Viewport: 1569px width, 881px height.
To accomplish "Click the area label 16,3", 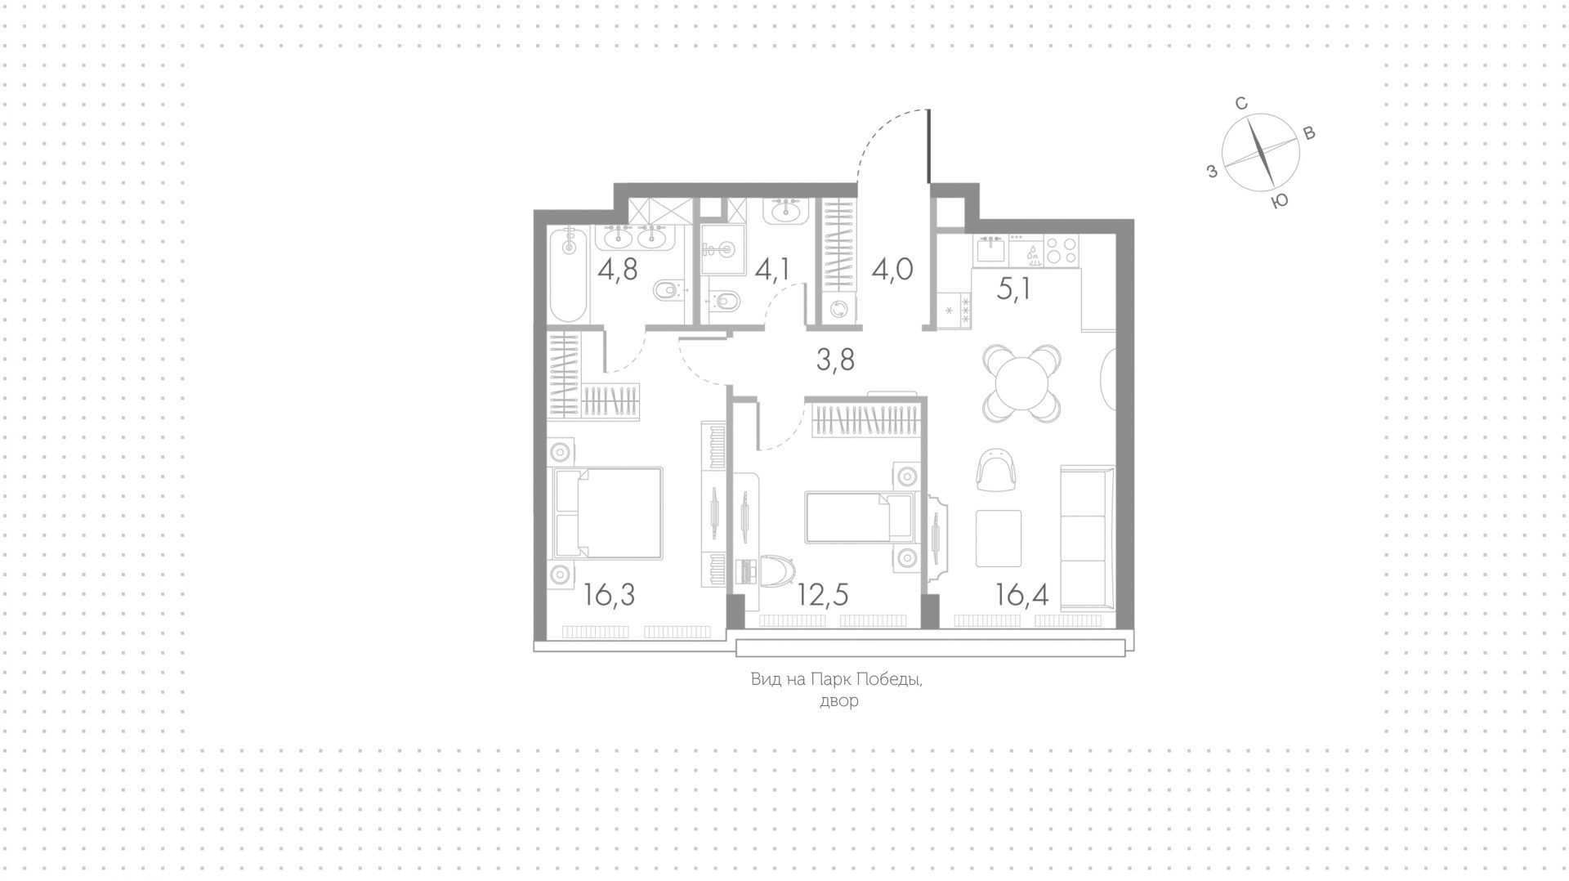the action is tap(610, 595).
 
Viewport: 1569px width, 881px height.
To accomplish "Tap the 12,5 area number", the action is tap(823, 595).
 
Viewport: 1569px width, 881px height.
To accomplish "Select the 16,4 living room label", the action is tap(1022, 595).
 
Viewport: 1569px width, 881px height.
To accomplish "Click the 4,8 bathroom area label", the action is tap(618, 268).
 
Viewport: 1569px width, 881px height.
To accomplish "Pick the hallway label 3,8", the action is tap(835, 359).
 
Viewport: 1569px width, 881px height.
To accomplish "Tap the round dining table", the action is tap(1022, 382).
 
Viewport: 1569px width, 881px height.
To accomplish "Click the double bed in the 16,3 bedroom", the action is tap(608, 513).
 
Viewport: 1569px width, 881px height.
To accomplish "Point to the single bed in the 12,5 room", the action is tap(858, 517).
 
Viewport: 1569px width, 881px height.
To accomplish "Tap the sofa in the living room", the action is tap(1087, 538).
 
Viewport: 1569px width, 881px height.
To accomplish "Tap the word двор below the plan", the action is tap(839, 701).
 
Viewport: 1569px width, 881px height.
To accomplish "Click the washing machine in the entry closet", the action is tap(838, 310).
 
